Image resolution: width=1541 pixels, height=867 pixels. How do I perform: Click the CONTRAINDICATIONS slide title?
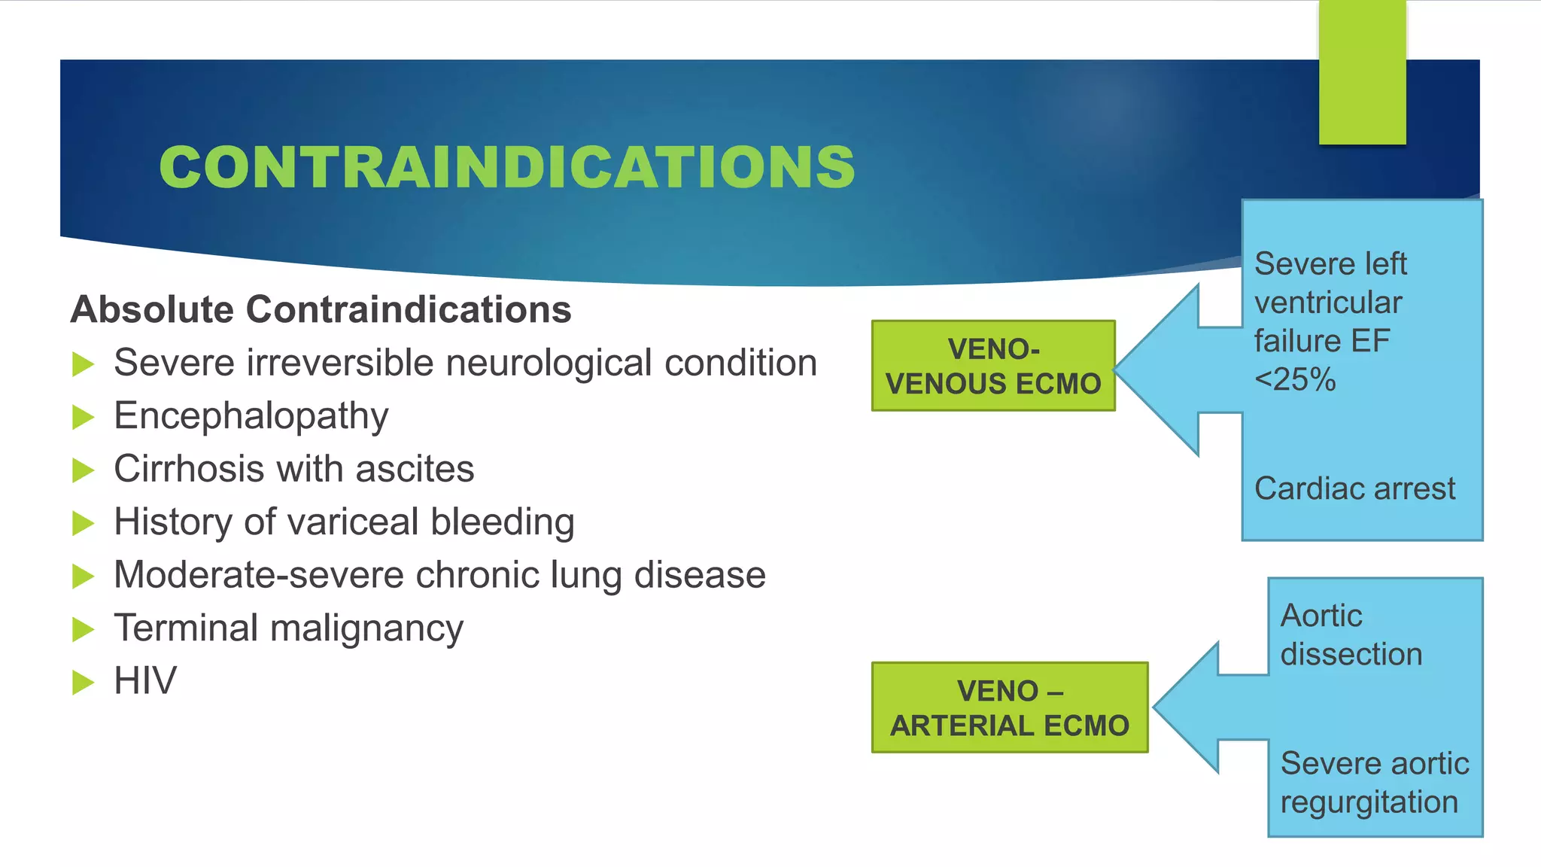click(506, 166)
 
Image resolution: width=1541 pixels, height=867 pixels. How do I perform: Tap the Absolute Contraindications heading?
click(321, 309)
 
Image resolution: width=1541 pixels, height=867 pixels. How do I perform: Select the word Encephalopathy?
click(251, 415)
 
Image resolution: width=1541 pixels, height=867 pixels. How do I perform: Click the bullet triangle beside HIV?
click(83, 682)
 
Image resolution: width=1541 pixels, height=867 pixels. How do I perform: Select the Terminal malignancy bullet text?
click(288, 628)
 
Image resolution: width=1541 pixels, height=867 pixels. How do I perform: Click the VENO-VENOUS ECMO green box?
click(992, 366)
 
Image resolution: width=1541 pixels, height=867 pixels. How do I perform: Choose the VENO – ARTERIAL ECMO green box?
click(1009, 707)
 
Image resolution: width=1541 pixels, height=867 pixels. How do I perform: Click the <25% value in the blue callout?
click(1295, 379)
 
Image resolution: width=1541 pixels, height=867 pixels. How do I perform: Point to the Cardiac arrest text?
click(1354, 488)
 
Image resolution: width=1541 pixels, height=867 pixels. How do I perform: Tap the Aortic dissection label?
click(1351, 635)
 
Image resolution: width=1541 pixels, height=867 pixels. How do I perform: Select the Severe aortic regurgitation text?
click(1374, 783)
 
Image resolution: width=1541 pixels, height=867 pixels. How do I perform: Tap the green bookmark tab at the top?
click(1362, 71)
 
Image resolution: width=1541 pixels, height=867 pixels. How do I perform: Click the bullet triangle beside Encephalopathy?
click(83, 417)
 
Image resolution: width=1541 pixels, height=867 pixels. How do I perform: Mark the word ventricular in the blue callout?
click(1328, 303)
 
